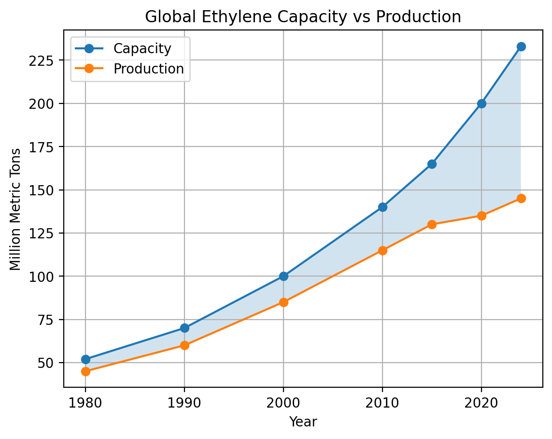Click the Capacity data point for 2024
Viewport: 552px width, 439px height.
tap(521, 46)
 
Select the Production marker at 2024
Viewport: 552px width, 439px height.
tap(521, 198)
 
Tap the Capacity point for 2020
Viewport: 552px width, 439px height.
tap(481, 103)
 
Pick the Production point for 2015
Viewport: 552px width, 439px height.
tap(432, 224)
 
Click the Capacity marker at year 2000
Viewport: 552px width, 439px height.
tap(283, 276)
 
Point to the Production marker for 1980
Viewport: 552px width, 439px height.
tap(85, 371)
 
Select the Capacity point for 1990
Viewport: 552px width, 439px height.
tap(184, 328)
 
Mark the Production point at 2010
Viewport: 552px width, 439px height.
tap(382, 250)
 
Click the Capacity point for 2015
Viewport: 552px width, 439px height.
tap(432, 164)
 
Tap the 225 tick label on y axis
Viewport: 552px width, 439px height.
tap(47, 60)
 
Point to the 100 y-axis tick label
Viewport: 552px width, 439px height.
tap(47, 277)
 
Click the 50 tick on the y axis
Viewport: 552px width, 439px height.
tap(50, 363)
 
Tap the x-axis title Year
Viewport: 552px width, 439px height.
tap(303, 422)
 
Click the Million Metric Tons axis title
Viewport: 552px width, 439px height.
tap(15, 209)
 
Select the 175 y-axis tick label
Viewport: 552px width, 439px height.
tap(47, 147)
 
